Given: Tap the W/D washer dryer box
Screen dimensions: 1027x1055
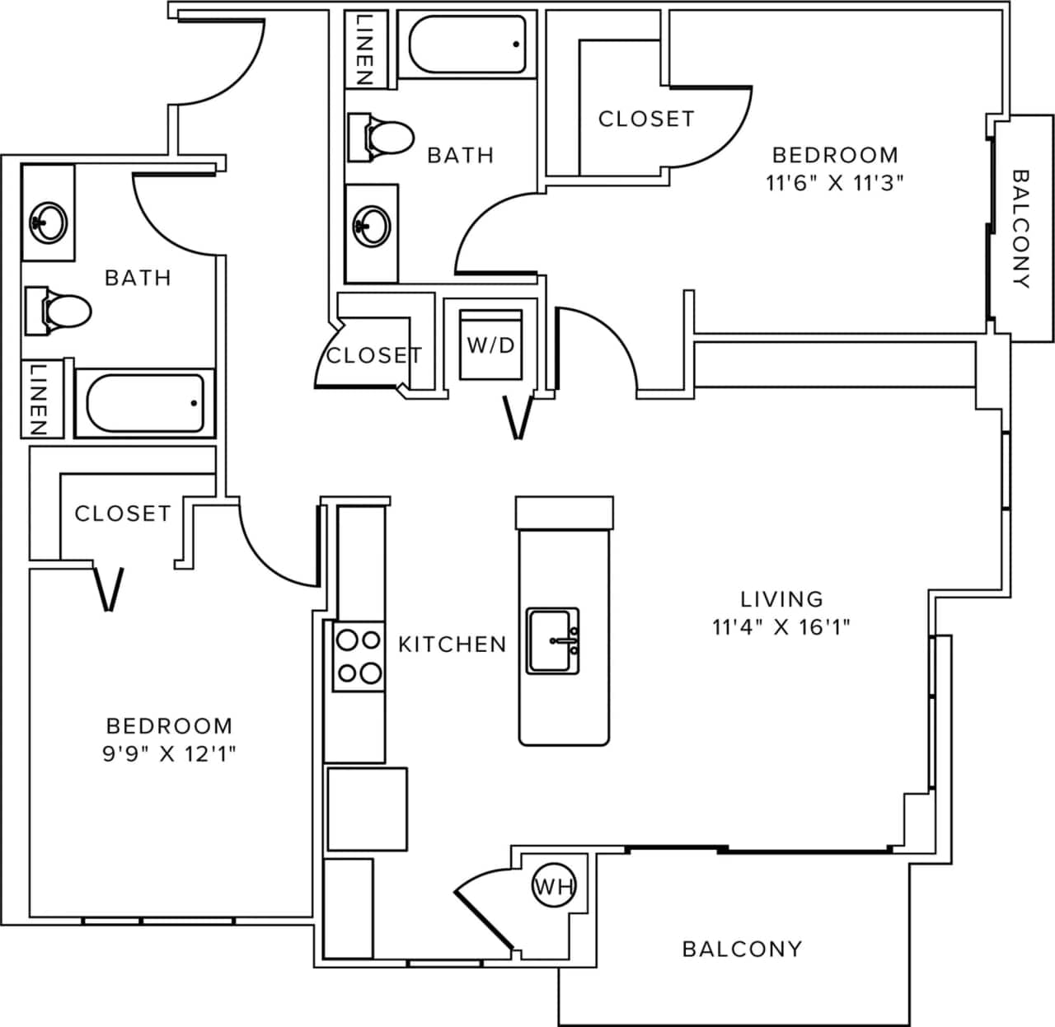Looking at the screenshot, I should (491, 345).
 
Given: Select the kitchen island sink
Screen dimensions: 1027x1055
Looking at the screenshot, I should (553, 640).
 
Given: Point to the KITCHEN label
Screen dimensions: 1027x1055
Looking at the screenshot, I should (452, 644).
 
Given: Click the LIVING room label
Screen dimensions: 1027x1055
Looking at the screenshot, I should (781, 598).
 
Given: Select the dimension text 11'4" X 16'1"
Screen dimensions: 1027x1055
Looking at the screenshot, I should (781, 627).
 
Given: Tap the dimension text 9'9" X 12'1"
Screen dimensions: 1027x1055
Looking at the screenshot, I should (169, 753).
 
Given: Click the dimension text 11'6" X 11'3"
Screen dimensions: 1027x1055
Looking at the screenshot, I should (834, 183).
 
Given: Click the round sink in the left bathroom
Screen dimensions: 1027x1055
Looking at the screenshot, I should (47, 221).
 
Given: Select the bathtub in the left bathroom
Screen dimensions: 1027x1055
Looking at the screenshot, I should (145, 403).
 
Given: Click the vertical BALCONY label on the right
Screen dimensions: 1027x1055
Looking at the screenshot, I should (1020, 228).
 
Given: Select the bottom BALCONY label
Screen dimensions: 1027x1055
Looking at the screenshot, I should (742, 949).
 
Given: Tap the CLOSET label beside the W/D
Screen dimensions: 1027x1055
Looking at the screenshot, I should (373, 355).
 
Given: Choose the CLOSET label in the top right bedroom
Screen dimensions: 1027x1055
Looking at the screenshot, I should (645, 119).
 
